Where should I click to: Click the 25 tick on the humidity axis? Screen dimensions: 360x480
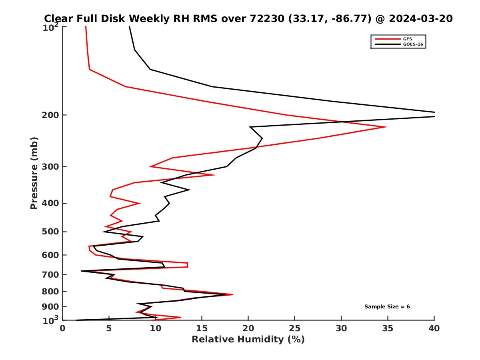pos(295,328)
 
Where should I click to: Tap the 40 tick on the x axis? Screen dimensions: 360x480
pos(434,328)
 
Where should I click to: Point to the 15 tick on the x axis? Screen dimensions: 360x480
pos(202,328)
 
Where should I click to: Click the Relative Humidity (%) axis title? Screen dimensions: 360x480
pos(248,340)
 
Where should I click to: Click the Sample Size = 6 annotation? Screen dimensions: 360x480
pos(387,307)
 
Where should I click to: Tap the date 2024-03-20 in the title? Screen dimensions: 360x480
pos(421,18)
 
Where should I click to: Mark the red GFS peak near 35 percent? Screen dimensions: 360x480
pos(386,127)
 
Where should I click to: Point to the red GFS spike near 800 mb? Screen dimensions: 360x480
pos(232,295)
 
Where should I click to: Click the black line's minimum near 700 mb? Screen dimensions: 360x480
pos(82,271)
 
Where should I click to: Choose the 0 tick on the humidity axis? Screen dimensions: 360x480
pos(62,328)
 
